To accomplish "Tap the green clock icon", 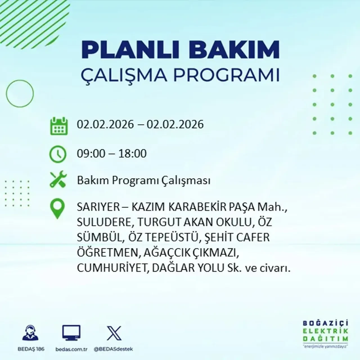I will pos(58,154).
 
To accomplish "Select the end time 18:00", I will pos(132,154).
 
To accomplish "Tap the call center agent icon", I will pos(30,333).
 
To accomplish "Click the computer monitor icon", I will pos(71,333).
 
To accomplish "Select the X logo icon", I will pos(114,333).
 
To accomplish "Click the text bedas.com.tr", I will pos(71,349).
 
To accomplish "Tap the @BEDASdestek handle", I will pos(113,349).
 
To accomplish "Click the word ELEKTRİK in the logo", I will pos(325,331).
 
